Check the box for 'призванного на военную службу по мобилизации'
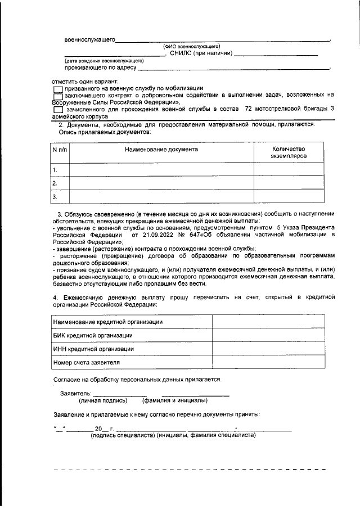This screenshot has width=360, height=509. click(58, 89)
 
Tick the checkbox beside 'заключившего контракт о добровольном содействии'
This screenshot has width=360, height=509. click(58, 96)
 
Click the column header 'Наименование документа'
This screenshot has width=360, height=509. click(161, 150)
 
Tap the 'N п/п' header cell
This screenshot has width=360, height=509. click(59, 150)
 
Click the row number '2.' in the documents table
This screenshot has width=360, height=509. click(55, 183)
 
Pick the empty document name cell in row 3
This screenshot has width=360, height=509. click(161, 197)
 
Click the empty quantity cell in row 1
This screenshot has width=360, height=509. click(288, 169)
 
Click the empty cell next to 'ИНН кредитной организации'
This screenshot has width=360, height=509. click(268, 349)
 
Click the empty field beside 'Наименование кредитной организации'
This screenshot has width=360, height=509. click(268, 322)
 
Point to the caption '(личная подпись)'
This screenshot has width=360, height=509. click(103, 400)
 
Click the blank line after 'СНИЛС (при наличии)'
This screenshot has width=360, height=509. click(276, 54)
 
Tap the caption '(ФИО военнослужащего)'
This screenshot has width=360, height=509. click(191, 46)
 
